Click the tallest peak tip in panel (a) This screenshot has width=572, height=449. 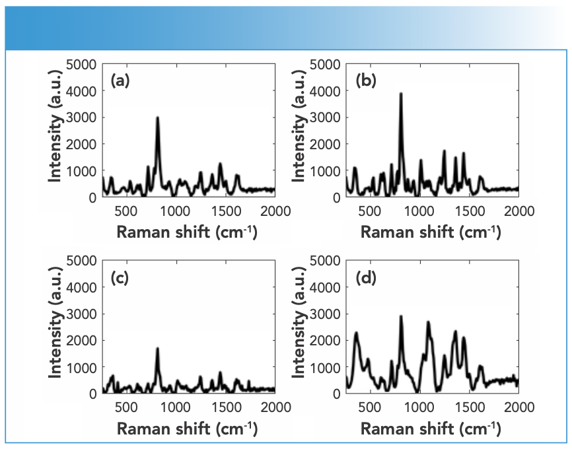[158, 118]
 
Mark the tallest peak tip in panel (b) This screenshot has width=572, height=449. [401, 94]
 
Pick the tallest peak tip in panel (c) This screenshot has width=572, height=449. [157, 349]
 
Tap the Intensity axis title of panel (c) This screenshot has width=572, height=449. [57, 327]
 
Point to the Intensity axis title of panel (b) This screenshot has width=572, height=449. [301, 131]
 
